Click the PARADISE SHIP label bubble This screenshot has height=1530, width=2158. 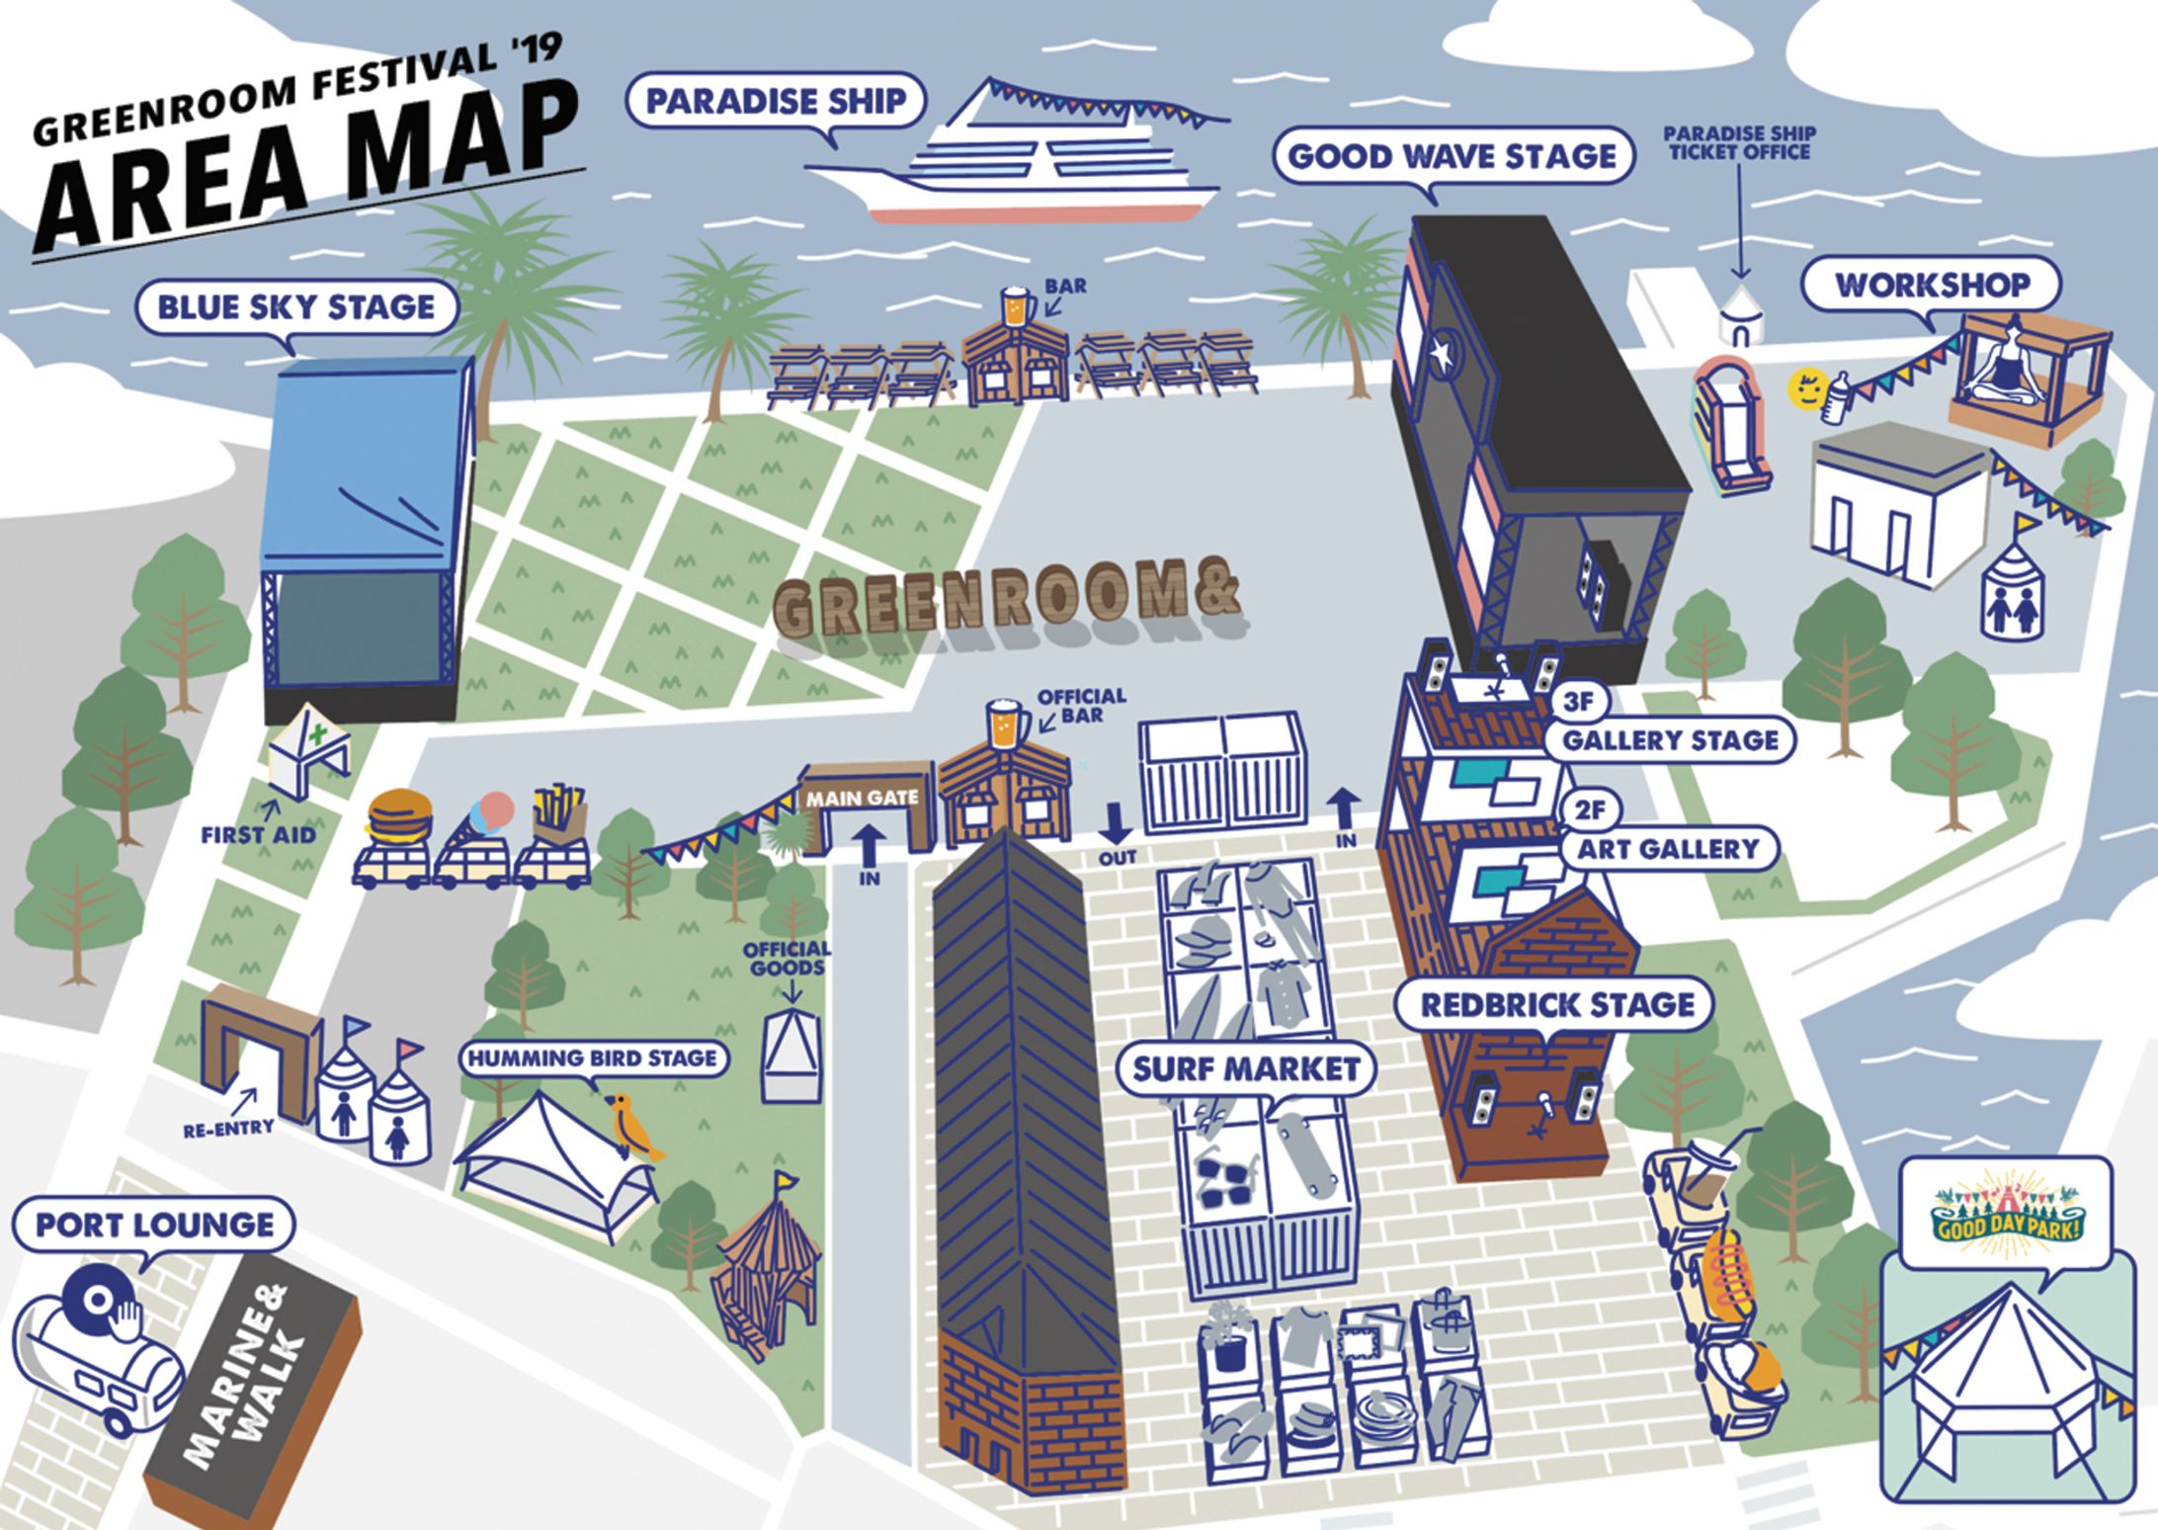pos(777,102)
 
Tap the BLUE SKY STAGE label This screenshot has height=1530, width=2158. pos(296,307)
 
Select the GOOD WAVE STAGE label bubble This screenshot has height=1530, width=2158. pos(1451,156)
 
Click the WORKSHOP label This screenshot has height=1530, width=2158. pos(1932,286)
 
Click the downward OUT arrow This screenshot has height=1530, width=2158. pos(1117,822)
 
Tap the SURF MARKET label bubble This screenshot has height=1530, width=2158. pos(1245,1068)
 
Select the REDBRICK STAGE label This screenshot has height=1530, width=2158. pos(1556,1005)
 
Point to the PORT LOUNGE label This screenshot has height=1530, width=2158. pos(154,1226)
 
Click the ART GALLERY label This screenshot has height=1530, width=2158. pos(1668,848)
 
